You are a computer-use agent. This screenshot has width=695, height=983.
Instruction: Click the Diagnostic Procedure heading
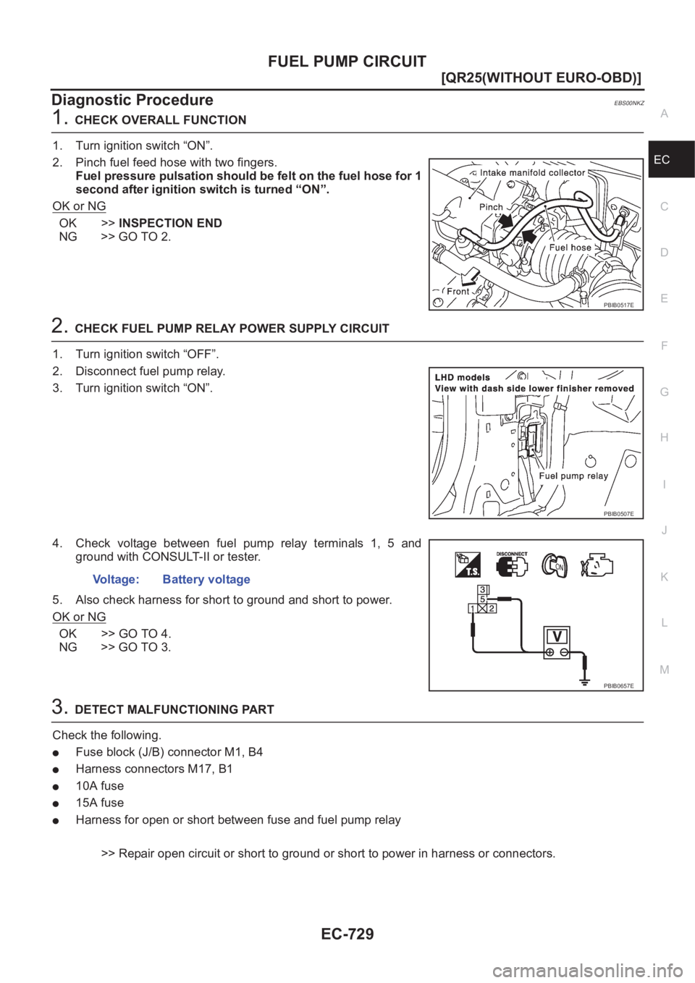point(132,98)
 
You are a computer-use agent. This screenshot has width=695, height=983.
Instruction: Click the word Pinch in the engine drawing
point(490,206)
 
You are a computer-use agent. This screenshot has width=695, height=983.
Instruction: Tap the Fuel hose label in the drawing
point(571,247)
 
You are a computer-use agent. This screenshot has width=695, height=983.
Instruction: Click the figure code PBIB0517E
point(619,305)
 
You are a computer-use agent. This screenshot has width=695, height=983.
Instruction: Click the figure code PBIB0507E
point(619,513)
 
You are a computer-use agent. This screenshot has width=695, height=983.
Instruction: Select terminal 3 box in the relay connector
point(483,588)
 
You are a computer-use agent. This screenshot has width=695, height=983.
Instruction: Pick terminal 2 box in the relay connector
point(492,609)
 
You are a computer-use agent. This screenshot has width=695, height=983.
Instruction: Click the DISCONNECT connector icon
point(512,565)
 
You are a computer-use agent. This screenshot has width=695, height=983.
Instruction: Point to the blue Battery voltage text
point(206,580)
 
